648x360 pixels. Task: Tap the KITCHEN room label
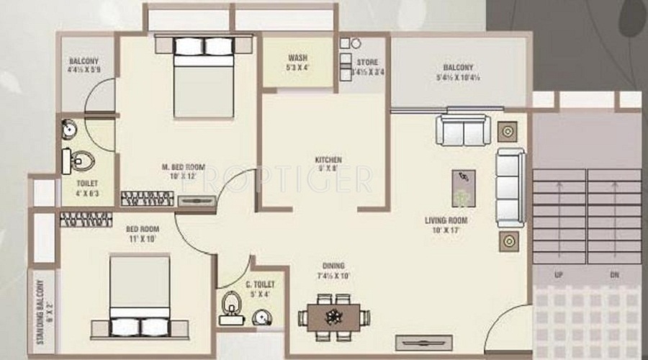pyautogui.click(x=328, y=159)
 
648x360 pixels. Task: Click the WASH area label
pyautogui.click(x=298, y=58)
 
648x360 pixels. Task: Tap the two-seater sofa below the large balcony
pyautogui.click(x=463, y=130)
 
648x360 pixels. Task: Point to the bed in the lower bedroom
pyautogui.click(x=140, y=296)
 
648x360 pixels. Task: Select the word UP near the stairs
pyautogui.click(x=557, y=274)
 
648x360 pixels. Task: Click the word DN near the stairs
pyautogui.click(x=614, y=274)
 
